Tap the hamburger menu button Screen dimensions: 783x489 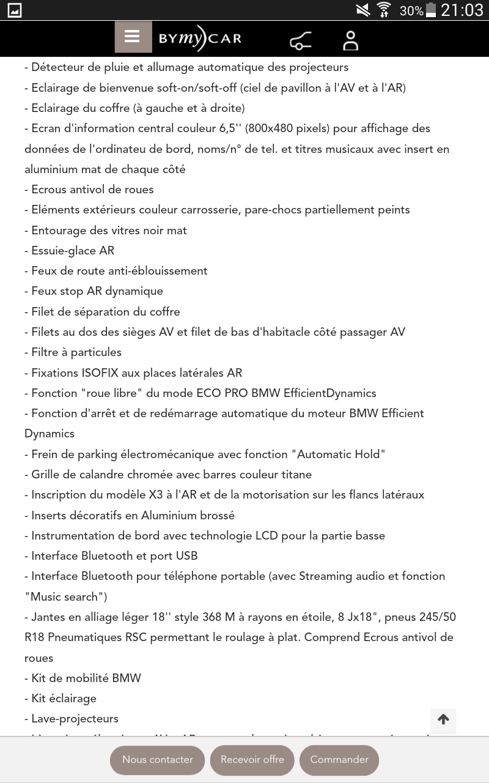[x=133, y=37]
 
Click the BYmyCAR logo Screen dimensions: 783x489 [x=200, y=39]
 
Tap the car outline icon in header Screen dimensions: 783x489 [x=300, y=41]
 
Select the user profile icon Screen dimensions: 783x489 [x=350, y=40]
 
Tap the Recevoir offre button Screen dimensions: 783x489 [x=252, y=760]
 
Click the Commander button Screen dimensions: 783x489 [x=339, y=760]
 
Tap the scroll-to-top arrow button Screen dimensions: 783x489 [x=443, y=720]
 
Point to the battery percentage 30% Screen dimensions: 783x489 [x=411, y=10]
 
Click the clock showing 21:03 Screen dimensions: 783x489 [x=461, y=10]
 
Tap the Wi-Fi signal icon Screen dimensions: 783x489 [x=384, y=10]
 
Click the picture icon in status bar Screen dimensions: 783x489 [x=14, y=10]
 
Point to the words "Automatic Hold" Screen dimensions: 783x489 [x=338, y=455]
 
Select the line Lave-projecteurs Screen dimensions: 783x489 [x=75, y=719]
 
